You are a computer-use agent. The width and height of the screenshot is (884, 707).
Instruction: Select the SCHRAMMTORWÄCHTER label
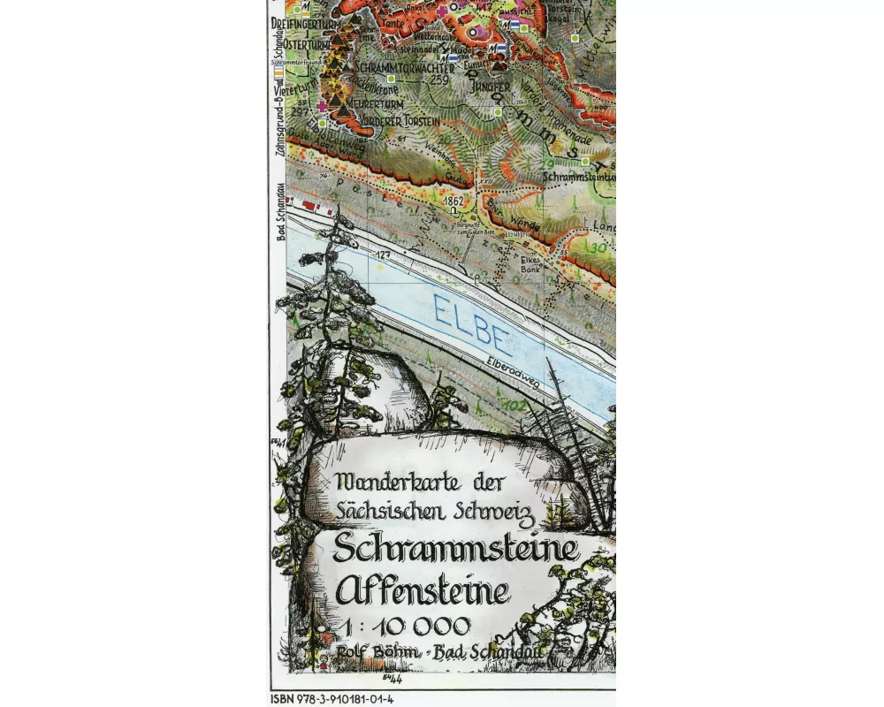point(403,68)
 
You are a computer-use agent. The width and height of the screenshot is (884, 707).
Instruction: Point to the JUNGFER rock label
point(490,87)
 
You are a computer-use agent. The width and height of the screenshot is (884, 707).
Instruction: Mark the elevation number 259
point(439,80)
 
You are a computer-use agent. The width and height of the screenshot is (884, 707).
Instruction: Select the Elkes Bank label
point(530,263)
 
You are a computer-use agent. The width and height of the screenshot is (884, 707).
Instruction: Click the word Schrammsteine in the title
point(454,550)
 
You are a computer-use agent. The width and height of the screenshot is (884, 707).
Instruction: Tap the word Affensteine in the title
point(423,588)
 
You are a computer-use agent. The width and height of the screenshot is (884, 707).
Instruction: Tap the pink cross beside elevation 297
point(321,106)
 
